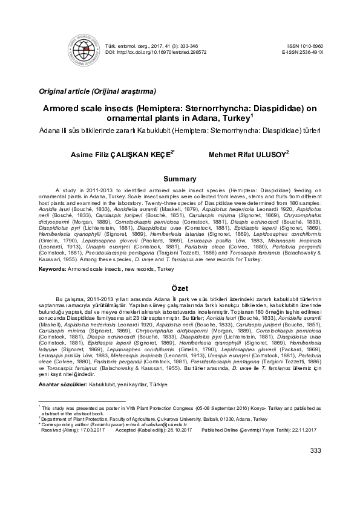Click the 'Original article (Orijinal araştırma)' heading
tap(97, 91)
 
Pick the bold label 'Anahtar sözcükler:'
tap(63, 384)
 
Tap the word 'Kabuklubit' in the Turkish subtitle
tap(149, 130)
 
